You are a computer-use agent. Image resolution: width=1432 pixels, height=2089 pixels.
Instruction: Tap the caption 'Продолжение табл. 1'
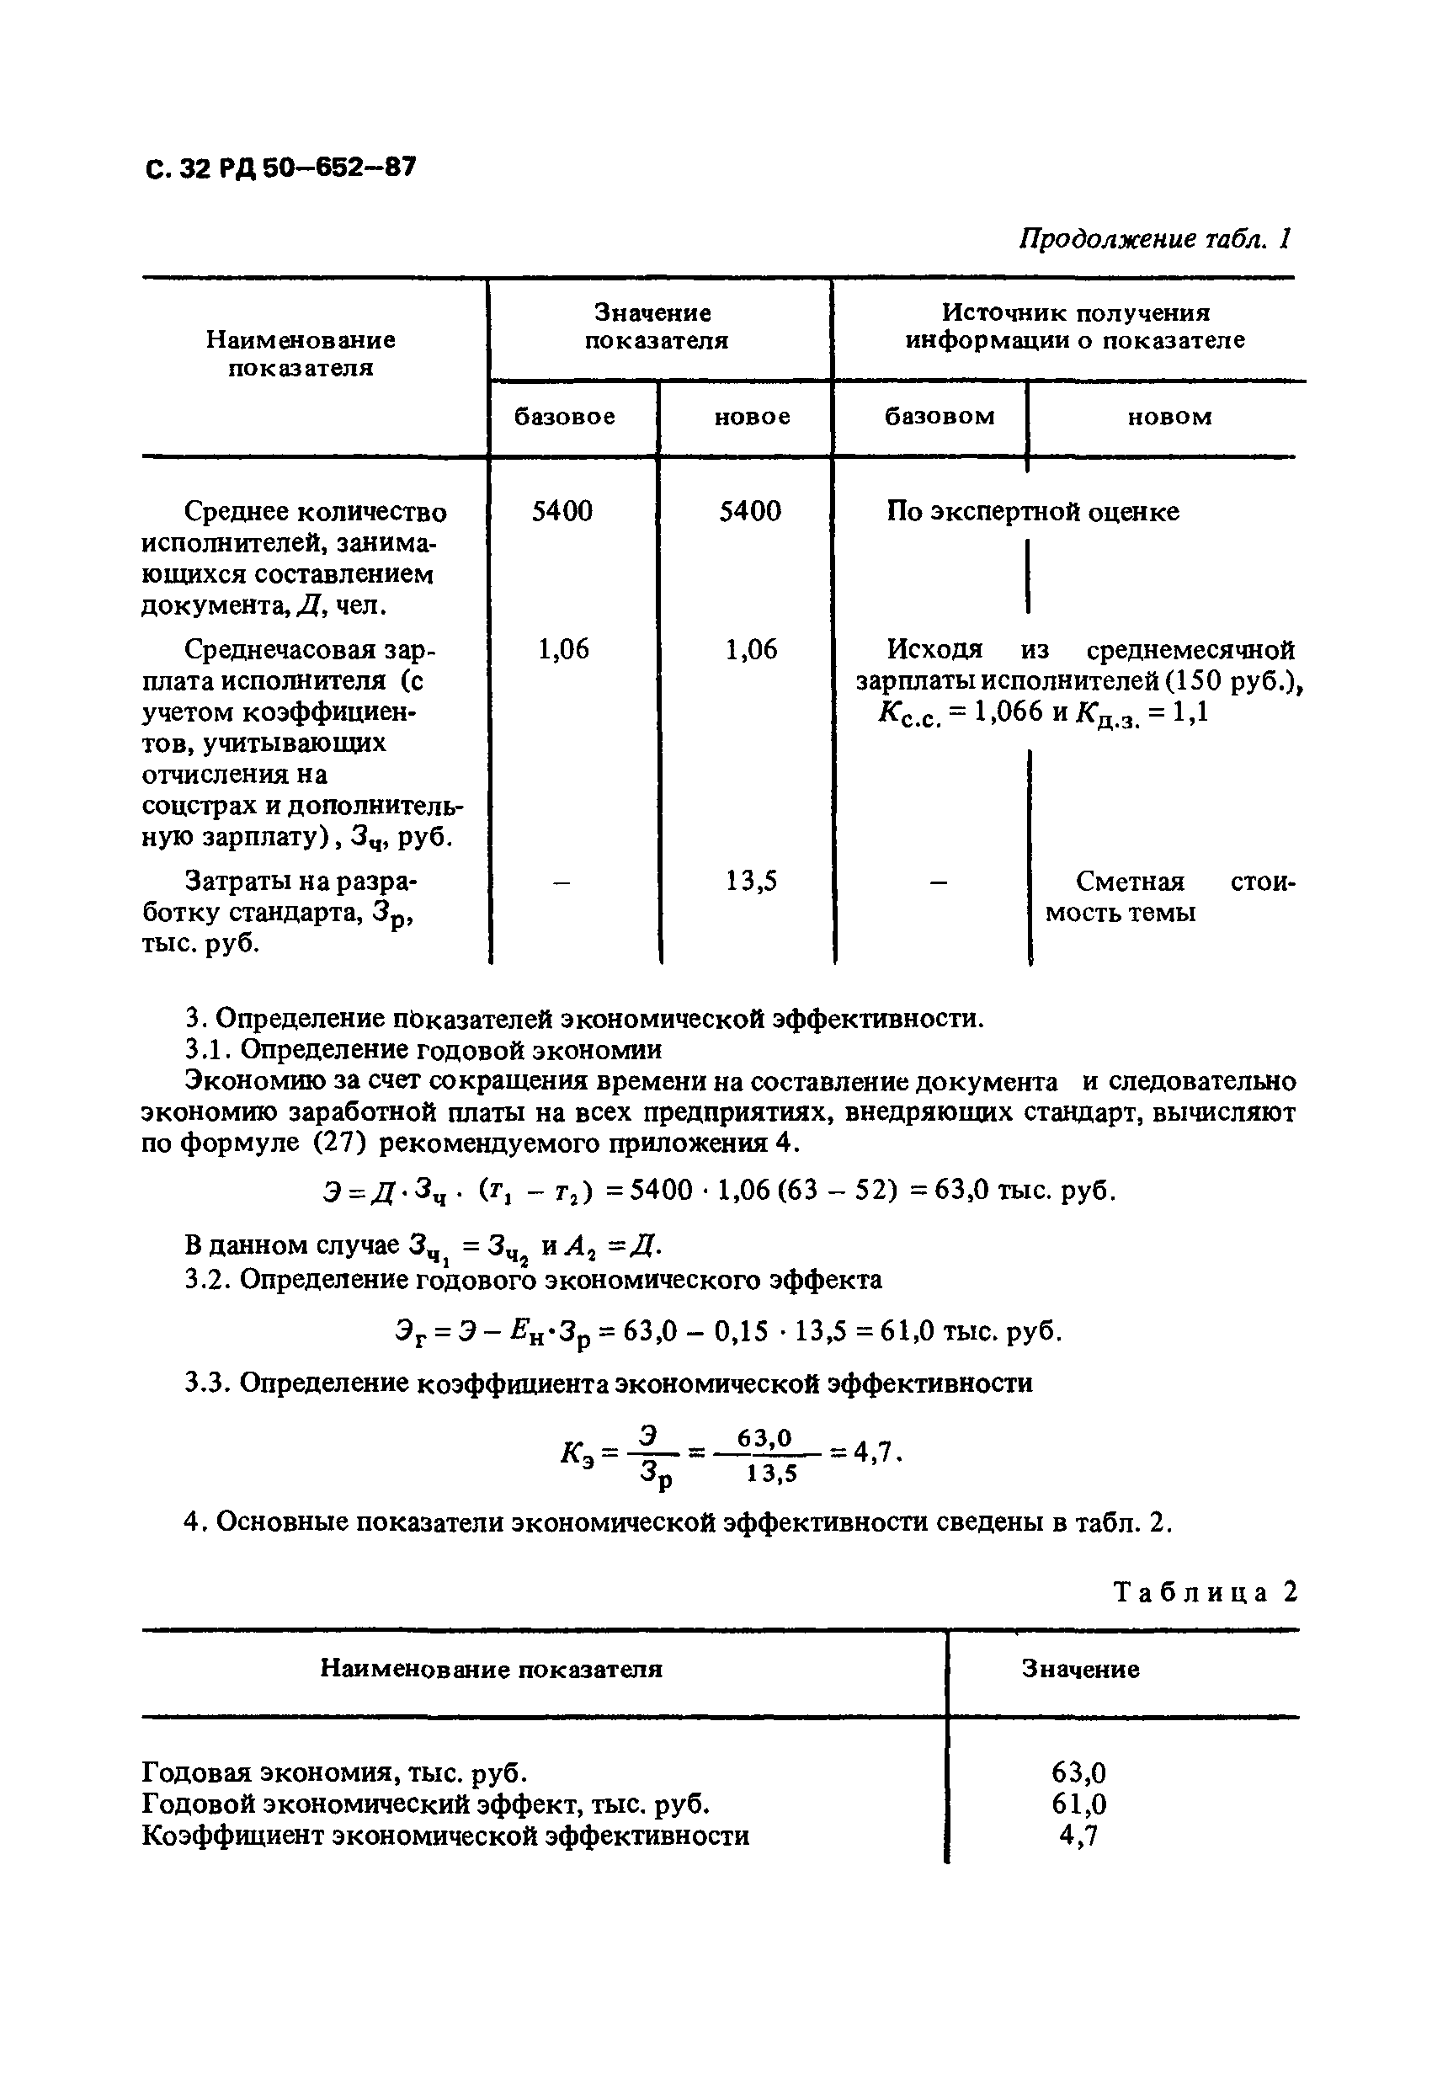tap(1154, 239)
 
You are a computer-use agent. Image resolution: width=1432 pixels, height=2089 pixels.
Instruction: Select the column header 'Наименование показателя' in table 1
tap(301, 354)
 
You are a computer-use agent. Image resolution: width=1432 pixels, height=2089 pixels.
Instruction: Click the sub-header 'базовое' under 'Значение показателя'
tap(565, 417)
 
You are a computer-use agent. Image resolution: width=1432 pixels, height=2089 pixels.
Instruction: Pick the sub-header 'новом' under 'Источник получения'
tap(1168, 417)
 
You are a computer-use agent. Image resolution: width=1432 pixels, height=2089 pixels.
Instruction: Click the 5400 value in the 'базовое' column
tap(562, 511)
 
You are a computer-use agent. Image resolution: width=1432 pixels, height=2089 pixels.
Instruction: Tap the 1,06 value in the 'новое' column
tap(751, 649)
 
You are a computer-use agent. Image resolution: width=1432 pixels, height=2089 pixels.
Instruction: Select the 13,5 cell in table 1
tap(751, 882)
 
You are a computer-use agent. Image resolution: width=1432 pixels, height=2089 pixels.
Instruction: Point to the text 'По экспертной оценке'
tap(1033, 513)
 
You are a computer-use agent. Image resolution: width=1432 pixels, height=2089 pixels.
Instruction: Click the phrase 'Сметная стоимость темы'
tap(1168, 897)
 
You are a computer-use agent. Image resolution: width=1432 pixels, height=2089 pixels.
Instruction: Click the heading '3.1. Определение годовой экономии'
tap(423, 1050)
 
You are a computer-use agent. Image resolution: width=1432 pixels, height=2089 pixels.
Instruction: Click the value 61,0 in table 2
tap(1078, 1804)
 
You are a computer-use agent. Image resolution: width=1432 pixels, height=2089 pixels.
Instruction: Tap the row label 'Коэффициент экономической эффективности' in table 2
tap(446, 1836)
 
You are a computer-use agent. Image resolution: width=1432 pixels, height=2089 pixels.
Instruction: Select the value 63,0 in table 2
tap(1078, 1772)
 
